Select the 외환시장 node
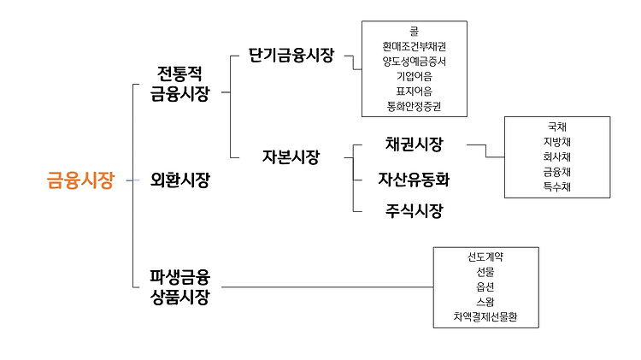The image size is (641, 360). click(x=179, y=180)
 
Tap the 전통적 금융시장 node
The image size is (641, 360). click(x=179, y=82)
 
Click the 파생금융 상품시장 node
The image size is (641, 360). click(x=179, y=286)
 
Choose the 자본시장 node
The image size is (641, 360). click(x=291, y=156)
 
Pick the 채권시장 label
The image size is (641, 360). click(x=414, y=145)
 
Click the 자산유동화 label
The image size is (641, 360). click(x=414, y=180)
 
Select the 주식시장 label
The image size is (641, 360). click(x=414, y=211)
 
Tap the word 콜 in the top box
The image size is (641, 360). click(x=414, y=31)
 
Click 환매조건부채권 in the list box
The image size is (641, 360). click(x=414, y=46)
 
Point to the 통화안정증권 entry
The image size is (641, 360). click(x=414, y=107)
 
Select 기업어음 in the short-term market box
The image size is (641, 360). click(x=414, y=76)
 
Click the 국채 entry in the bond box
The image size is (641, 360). click(x=557, y=127)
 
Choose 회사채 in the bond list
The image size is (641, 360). click(x=557, y=156)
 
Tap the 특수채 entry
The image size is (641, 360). click(x=557, y=186)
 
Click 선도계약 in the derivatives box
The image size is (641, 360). click(x=485, y=257)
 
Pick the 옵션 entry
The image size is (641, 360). click(x=485, y=287)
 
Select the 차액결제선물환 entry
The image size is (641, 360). click(x=485, y=317)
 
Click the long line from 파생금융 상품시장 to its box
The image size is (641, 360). click(x=325, y=286)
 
